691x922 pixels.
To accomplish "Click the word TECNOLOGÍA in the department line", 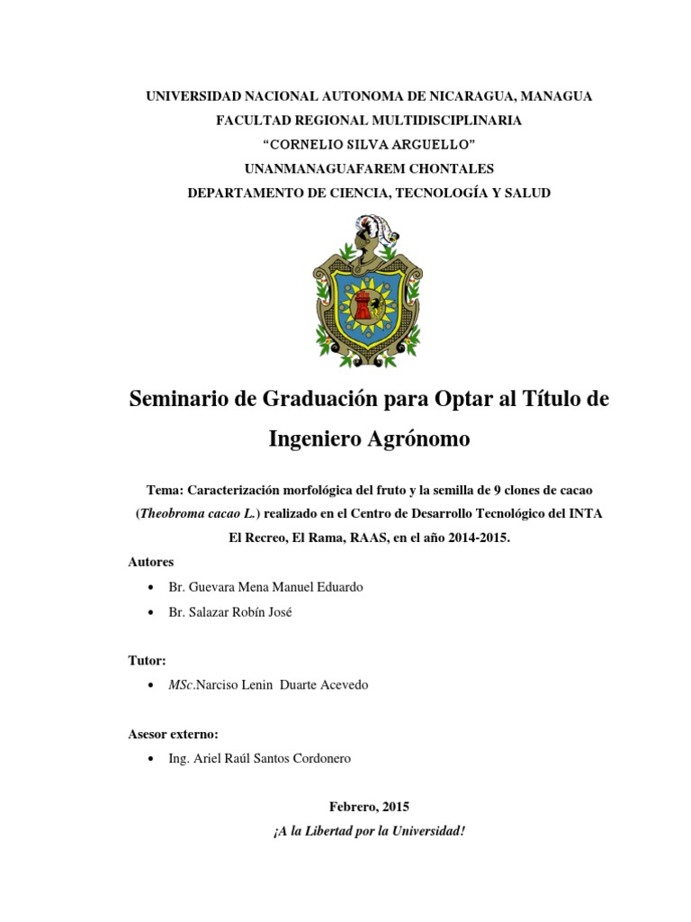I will (x=445, y=193).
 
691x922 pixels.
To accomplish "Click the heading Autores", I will (x=151, y=562).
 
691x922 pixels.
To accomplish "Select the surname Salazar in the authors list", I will (x=210, y=612).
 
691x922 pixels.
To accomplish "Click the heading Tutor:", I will (x=148, y=660).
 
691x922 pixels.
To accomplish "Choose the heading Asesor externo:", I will (x=180, y=734).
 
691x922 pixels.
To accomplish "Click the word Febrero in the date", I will (x=332, y=807).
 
